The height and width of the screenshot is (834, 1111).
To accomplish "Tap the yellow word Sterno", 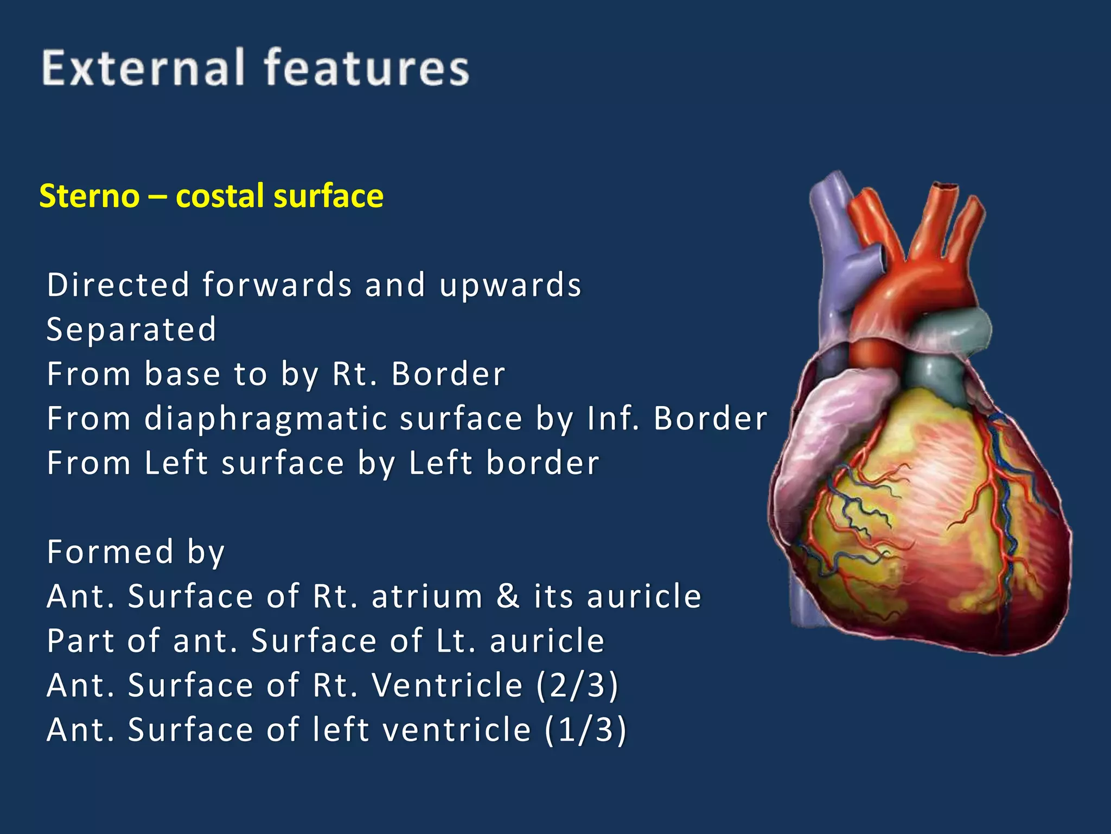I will [x=90, y=196].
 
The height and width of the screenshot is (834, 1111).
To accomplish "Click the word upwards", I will [x=510, y=285].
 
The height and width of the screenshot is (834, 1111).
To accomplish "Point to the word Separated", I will [x=132, y=330].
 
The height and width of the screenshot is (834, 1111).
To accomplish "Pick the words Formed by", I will [x=136, y=552].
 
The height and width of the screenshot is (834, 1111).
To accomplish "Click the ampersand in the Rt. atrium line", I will [x=508, y=596].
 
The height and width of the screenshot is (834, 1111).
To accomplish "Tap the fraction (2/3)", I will [x=578, y=685].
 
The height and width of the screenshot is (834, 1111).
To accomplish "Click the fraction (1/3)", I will [x=586, y=730].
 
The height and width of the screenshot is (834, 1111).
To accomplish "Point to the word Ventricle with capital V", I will [x=448, y=685].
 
